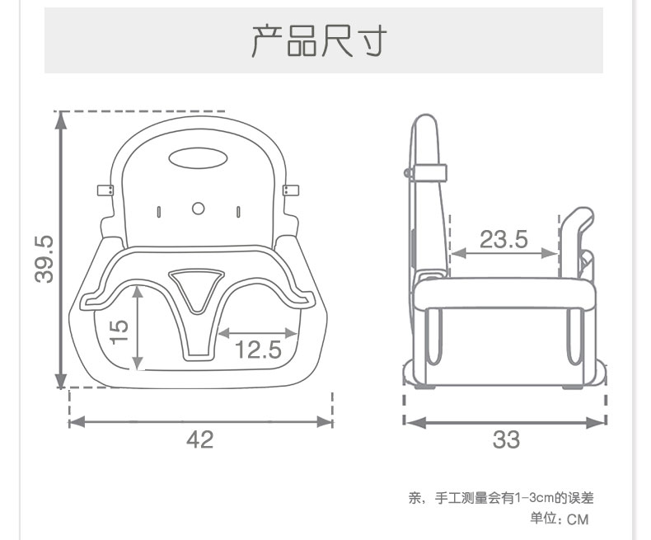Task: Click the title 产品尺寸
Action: click(318, 41)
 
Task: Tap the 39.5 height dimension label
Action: click(44, 259)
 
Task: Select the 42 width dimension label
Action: click(199, 439)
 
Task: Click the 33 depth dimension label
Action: click(506, 439)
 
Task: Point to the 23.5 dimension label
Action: click(503, 239)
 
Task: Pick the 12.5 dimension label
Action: click(258, 350)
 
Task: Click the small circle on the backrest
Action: click(199, 209)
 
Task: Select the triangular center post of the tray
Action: click(198, 289)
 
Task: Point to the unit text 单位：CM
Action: click(560, 519)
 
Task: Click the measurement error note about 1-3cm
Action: click(501, 498)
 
